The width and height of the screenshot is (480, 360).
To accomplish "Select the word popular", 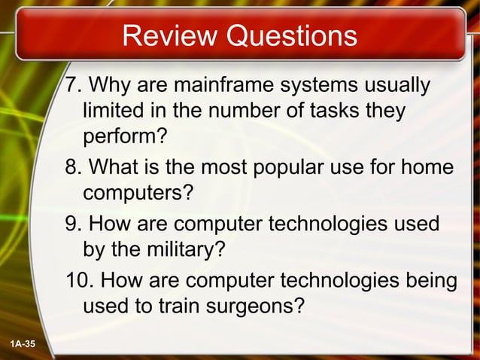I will (287, 166).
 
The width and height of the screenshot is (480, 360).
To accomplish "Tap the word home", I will (428, 166).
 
